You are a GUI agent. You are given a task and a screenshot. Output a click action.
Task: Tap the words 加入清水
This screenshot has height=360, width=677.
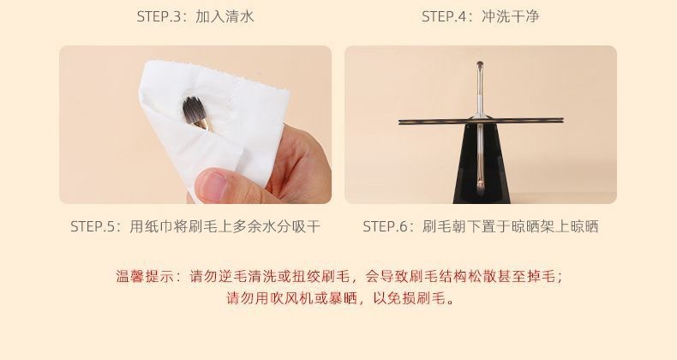click(x=225, y=16)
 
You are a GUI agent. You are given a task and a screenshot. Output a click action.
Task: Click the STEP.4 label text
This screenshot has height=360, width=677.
click(x=442, y=16)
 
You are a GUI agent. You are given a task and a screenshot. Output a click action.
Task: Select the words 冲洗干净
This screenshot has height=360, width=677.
click(x=511, y=16)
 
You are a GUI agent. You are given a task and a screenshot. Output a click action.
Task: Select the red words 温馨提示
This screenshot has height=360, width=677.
click(x=144, y=276)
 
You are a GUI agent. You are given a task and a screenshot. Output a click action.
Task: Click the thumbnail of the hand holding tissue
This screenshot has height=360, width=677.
click(x=195, y=124)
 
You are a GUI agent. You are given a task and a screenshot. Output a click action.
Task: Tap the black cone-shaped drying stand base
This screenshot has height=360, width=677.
click(x=482, y=163)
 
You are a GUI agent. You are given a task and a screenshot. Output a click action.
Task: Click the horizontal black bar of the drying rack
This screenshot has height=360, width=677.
click(x=481, y=121)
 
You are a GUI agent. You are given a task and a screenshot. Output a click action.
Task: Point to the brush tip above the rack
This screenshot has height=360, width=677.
click(x=480, y=65)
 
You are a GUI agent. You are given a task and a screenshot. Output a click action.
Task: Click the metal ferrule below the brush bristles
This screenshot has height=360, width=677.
click(x=202, y=125)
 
